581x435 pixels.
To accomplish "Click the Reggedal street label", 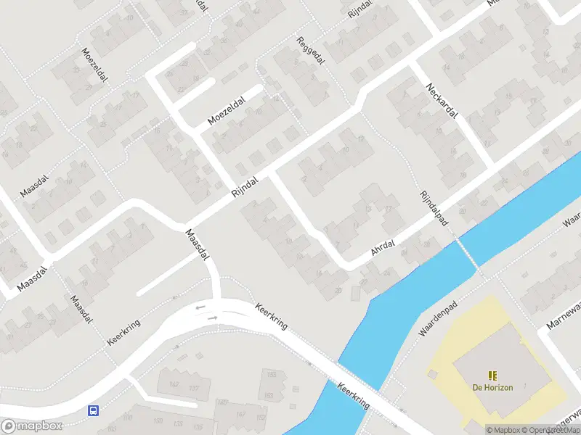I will [x=310, y=53].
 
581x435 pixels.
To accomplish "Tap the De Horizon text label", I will [x=492, y=387].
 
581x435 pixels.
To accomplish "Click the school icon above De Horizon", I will [x=492, y=375].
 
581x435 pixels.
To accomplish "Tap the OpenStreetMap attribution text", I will [x=552, y=430].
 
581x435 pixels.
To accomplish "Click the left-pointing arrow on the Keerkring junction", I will [x=200, y=307].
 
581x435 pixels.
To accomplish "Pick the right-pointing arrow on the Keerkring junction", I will [x=212, y=317].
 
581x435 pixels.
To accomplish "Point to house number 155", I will [x=272, y=374].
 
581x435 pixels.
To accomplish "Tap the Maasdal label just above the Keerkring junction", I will [x=198, y=245].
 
